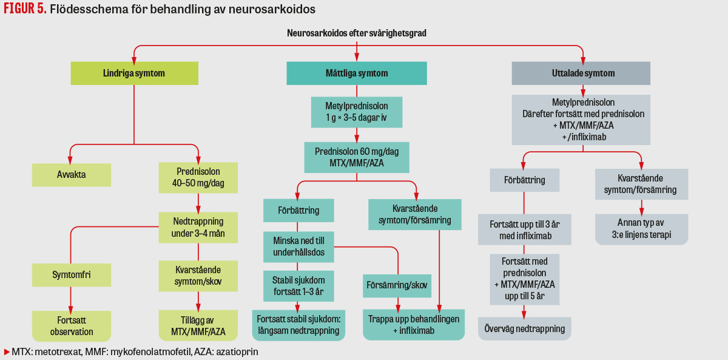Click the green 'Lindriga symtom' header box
134,73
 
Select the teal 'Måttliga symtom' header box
356,73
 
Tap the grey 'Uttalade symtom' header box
581,73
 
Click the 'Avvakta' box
72,175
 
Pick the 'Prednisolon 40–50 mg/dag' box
198,177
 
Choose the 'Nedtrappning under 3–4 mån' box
198,226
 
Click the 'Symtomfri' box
72,274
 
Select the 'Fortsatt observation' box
72,325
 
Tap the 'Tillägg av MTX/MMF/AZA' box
198,325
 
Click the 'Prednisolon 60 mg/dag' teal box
356,157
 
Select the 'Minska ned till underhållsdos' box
298,246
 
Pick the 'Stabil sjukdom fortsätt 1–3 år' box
298,286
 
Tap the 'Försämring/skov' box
397,285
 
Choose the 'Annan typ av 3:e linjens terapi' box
641,229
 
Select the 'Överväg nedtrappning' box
525,328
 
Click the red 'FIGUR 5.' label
25,10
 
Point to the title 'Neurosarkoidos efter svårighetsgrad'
356,33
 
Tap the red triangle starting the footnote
7,352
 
